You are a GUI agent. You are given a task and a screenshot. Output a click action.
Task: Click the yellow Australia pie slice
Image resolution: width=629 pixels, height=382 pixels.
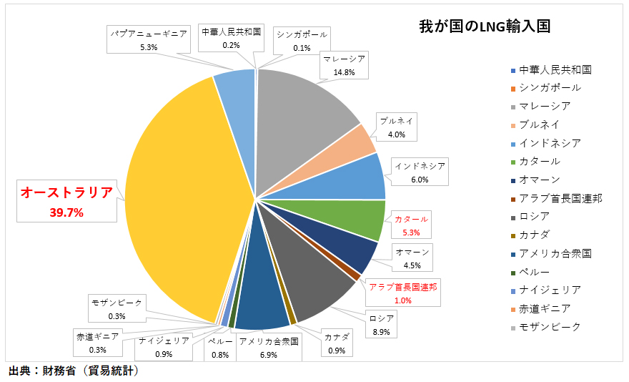click(179, 200)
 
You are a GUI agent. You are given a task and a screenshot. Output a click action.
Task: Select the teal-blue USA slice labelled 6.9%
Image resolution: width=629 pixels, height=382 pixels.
click(263, 308)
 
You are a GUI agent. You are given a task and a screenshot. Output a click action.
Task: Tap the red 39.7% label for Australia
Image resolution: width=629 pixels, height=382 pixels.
click(66, 212)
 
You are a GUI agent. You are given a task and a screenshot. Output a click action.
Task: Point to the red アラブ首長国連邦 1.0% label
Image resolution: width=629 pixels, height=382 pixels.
click(403, 293)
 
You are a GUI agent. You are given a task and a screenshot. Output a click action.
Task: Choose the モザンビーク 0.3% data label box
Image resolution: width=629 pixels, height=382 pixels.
click(117, 308)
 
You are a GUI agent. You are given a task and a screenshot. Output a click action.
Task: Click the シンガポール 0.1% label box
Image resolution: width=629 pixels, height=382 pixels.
click(301, 41)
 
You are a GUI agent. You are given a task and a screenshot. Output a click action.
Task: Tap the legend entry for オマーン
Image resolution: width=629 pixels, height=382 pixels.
click(540, 180)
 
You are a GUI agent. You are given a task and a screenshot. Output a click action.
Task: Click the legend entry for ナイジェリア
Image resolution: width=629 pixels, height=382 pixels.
click(550, 290)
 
